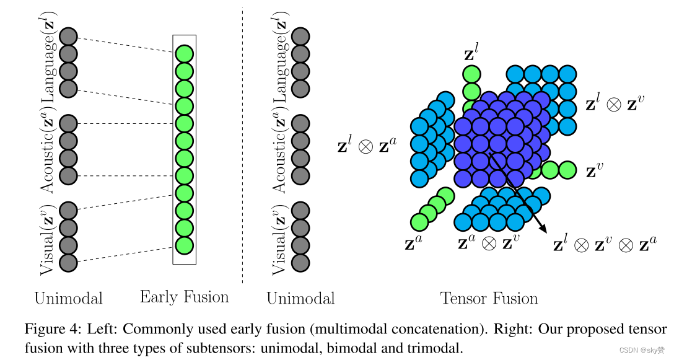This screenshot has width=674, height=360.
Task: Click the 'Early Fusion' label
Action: click(x=184, y=297)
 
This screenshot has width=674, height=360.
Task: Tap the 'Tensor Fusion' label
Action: click(x=489, y=299)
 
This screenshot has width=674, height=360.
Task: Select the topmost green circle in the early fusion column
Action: click(x=184, y=54)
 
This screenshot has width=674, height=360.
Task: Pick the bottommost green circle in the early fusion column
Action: click(x=184, y=245)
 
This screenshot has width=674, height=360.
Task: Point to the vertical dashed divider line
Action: click(x=242, y=143)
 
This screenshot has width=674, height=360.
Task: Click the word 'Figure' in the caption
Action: click(x=44, y=328)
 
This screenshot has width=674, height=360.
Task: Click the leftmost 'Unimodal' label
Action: click(x=68, y=299)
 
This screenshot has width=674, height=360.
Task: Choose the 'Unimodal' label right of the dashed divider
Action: click(x=300, y=299)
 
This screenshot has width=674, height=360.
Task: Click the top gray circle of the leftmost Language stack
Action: click(x=68, y=37)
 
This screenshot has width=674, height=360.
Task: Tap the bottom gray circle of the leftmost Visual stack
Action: click(x=68, y=263)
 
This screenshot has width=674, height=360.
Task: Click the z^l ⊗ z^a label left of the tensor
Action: click(x=366, y=147)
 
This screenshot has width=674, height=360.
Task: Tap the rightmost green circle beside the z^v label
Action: click(x=567, y=169)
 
